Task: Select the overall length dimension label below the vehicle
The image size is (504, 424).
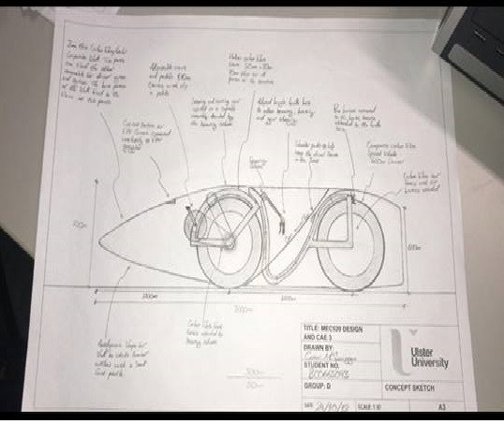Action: pyautogui.click(x=244, y=305)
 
